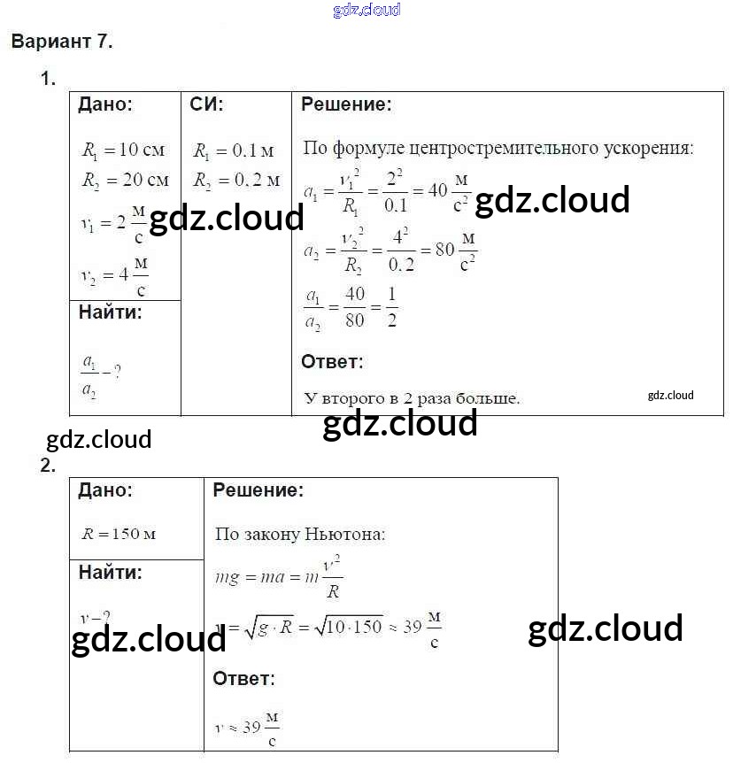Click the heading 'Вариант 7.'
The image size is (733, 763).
[62, 42]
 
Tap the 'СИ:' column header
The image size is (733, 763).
[206, 104]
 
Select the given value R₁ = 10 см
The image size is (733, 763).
[124, 151]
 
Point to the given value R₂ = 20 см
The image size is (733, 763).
[124, 180]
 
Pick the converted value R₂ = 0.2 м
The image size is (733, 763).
[235, 180]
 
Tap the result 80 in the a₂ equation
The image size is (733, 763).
[444, 249]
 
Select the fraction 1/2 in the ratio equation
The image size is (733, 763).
[392, 307]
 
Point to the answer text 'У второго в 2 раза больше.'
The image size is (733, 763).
[412, 398]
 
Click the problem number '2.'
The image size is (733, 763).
[48, 466]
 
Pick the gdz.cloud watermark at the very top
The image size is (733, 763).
[366, 10]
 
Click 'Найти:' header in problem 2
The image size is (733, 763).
[110, 572]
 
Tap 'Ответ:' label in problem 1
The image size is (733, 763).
[332, 361]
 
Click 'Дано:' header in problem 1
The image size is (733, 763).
[105, 104]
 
